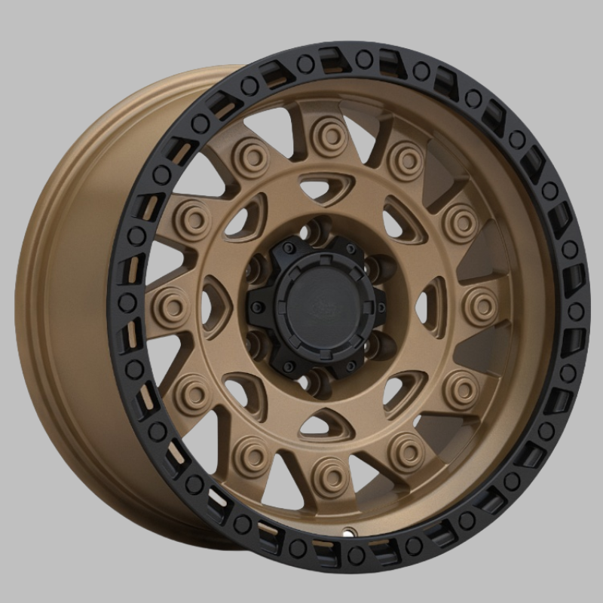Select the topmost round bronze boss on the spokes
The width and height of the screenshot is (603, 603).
tap(329, 128)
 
